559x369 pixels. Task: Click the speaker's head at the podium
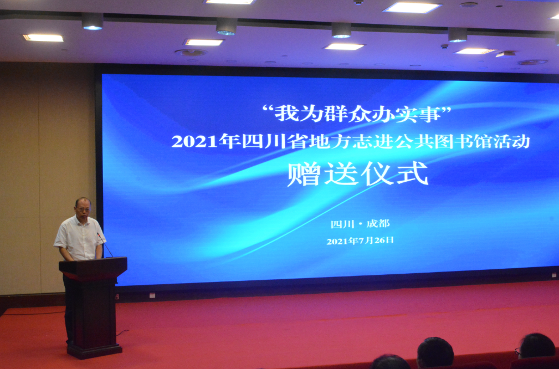click(x=83, y=208)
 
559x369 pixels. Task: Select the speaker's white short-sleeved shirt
click(x=80, y=238)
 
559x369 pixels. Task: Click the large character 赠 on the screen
click(x=304, y=174)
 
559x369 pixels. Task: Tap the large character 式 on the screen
click(x=412, y=173)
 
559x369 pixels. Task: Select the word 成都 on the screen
click(x=378, y=223)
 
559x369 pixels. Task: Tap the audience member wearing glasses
click(x=536, y=346)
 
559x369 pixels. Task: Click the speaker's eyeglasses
click(x=83, y=208)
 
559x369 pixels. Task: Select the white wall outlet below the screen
click(x=152, y=295)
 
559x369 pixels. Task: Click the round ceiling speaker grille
click(x=191, y=53)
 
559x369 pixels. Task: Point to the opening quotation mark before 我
click(x=268, y=107)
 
